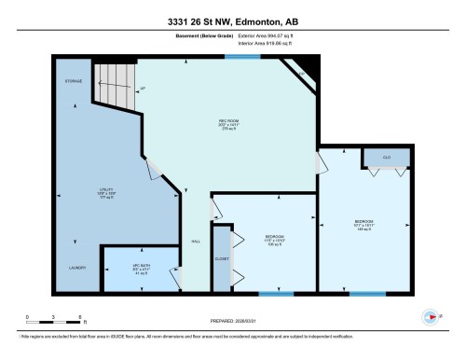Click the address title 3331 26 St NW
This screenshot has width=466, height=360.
(x=232, y=21)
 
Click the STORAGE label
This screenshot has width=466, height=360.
(x=73, y=82)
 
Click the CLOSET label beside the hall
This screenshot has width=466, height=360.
(x=222, y=256)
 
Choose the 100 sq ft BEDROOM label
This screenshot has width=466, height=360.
(x=274, y=240)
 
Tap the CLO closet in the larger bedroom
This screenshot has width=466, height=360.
(x=386, y=158)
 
